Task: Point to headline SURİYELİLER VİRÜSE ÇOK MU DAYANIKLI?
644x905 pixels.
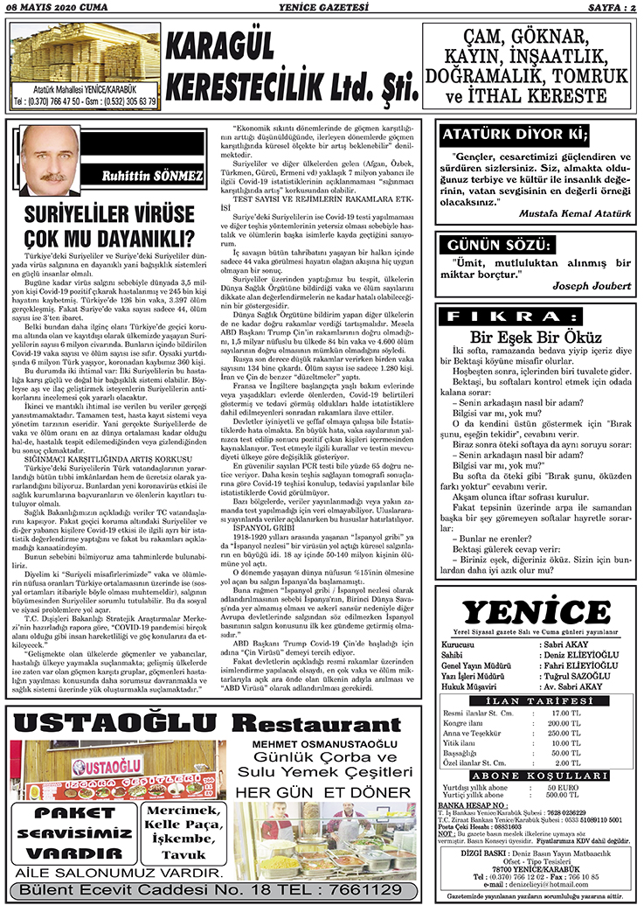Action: (x=108, y=226)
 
